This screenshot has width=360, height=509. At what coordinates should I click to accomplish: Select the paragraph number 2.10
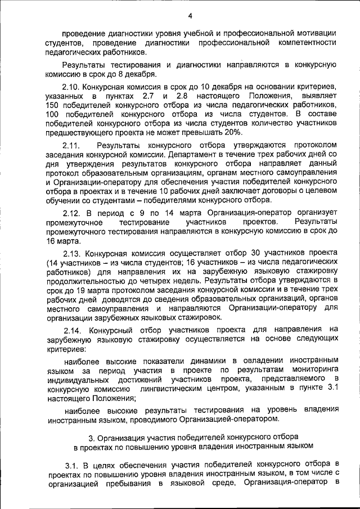point(71,87)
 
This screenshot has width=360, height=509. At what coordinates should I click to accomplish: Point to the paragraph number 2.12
point(71,213)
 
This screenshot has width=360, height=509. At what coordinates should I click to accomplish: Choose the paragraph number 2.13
point(71,253)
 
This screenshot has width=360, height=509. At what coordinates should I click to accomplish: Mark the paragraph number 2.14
point(71,330)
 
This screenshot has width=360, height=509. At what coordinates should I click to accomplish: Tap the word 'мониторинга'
point(315,370)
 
